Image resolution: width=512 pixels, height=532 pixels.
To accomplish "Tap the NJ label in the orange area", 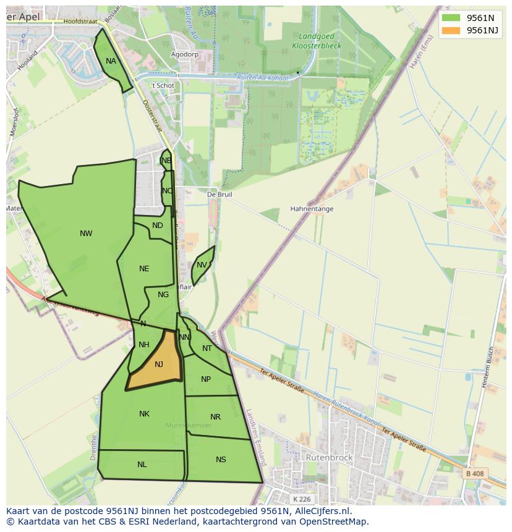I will (x=159, y=365).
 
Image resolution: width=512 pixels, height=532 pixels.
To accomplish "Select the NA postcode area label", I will (x=111, y=61).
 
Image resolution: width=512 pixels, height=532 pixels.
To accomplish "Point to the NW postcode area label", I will (x=86, y=234).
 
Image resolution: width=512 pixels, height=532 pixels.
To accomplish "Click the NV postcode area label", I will (x=202, y=266).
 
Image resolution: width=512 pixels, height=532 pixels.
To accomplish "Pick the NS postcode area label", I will (x=221, y=460).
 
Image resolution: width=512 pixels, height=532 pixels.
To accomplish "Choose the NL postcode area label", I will (x=142, y=465).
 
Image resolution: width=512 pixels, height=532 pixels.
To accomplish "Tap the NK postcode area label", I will (x=144, y=414).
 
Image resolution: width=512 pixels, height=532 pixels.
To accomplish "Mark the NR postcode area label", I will (x=215, y=417).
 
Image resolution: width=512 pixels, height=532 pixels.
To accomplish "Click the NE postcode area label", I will (x=144, y=269).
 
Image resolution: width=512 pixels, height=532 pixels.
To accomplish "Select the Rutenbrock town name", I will (x=329, y=458).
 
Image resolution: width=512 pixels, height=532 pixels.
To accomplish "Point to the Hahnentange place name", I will (x=312, y=209).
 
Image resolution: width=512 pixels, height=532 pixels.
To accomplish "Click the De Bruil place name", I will (x=220, y=194).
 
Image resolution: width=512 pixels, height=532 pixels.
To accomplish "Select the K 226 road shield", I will (x=302, y=499).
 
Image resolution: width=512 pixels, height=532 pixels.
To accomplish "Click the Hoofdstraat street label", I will (x=80, y=21).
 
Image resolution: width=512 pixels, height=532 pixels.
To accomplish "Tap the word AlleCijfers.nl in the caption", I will (x=323, y=511).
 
